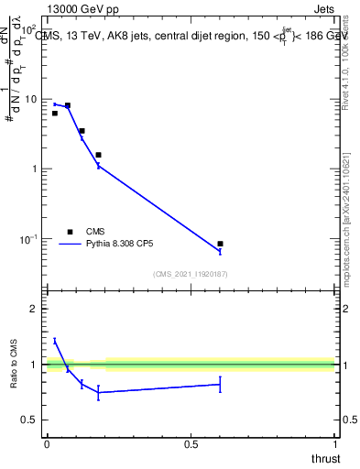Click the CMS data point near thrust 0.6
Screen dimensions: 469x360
pos(220,244)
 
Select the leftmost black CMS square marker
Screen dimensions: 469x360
pos(55,114)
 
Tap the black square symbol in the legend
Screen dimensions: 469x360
pos(69,231)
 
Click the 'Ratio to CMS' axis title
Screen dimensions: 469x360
pos(13,365)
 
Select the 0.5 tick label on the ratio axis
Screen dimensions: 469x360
pos(29,420)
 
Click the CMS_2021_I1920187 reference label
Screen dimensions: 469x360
pos(191,274)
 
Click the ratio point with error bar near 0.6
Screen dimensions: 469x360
pos(220,385)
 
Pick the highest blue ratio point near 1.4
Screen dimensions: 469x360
pos(55,341)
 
